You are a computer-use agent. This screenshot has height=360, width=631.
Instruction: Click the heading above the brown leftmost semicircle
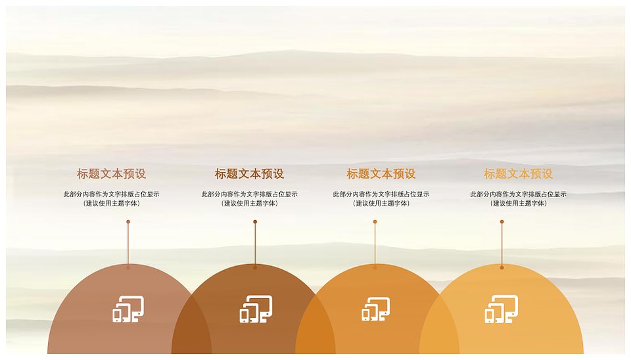pyautogui.click(x=112, y=174)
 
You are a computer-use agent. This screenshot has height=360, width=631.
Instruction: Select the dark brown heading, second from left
pyautogui.click(x=250, y=174)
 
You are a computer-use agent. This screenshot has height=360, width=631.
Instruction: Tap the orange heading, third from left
pyautogui.click(x=381, y=174)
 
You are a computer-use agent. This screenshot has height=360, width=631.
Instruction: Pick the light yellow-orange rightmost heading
pyautogui.click(x=519, y=174)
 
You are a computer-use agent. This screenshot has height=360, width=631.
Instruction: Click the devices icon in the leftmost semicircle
pyautogui.click(x=128, y=309)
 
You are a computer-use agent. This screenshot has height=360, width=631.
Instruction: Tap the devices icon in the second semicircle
pyautogui.click(x=256, y=309)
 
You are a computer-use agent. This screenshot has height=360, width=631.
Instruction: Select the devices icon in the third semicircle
pyautogui.click(x=376, y=309)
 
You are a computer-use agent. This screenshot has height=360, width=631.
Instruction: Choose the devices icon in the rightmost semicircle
pyautogui.click(x=502, y=309)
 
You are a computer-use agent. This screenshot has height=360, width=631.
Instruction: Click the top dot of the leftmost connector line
pyautogui.click(x=128, y=221)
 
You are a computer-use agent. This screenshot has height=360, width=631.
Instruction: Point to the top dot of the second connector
pyautogui.click(x=255, y=221)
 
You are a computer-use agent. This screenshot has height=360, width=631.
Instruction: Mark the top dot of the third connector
pyautogui.click(x=375, y=221)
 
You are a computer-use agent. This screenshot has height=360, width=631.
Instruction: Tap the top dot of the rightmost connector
pyautogui.click(x=502, y=221)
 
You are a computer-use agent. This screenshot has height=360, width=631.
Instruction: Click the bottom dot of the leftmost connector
pyautogui.click(x=128, y=267)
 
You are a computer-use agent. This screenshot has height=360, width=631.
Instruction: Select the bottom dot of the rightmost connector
pyautogui.click(x=502, y=267)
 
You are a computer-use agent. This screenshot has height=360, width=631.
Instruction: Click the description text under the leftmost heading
pyautogui.click(x=112, y=198)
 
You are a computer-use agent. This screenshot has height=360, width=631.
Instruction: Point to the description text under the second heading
pyautogui.click(x=250, y=198)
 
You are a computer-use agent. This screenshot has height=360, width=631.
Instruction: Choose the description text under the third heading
pyautogui.click(x=381, y=198)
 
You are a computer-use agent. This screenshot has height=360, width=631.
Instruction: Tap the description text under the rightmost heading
pyautogui.click(x=519, y=198)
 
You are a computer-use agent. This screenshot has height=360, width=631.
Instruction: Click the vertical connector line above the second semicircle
pyautogui.click(x=255, y=244)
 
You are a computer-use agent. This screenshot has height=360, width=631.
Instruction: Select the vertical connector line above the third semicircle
pyautogui.click(x=375, y=244)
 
